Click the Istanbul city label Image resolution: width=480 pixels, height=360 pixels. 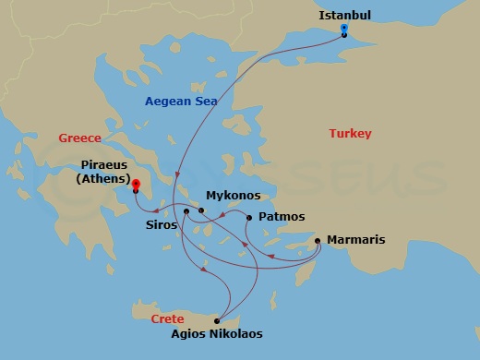[x=344, y=15]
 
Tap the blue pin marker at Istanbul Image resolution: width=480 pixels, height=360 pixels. [x=343, y=30]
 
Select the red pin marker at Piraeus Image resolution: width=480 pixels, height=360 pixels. [x=135, y=186]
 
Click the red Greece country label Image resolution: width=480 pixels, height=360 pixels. [x=79, y=138]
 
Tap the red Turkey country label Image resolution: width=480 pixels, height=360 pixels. [x=350, y=134]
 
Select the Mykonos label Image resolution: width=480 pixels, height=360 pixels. [x=233, y=196]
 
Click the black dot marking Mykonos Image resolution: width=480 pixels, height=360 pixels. [x=201, y=211]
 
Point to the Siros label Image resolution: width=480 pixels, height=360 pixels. [x=162, y=223]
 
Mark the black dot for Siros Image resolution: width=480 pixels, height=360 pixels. [x=186, y=211]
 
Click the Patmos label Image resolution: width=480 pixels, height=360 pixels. [x=282, y=217]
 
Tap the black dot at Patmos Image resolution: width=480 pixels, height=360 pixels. [x=249, y=217]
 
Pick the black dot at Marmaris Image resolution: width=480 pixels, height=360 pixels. [x=318, y=242]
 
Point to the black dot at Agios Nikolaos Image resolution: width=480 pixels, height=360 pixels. [x=217, y=320]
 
